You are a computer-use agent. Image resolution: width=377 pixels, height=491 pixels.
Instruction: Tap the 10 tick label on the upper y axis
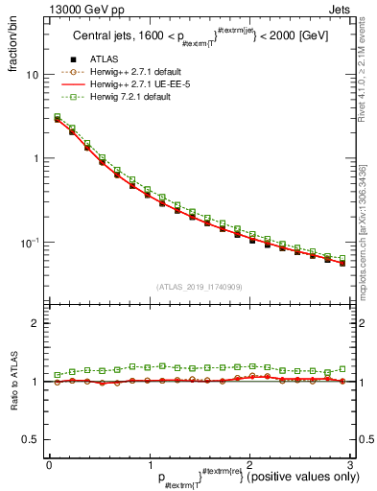coord(33,75)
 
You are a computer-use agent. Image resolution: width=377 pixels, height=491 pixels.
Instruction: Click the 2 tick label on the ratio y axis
coord(35,324)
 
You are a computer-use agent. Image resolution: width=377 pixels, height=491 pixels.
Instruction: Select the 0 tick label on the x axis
coord(49,463)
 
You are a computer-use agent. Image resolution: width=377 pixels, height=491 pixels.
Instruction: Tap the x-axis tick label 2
coord(249,463)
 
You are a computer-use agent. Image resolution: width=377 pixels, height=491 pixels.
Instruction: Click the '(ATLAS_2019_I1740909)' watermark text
coord(199,286)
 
